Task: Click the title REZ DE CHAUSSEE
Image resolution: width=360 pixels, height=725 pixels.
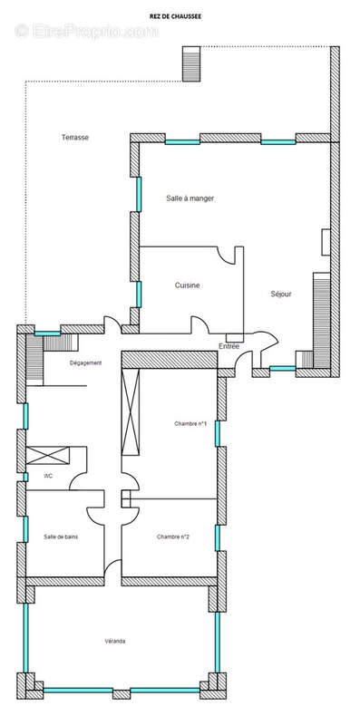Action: (x=175, y=16)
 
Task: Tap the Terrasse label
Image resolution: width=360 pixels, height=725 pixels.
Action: (x=75, y=138)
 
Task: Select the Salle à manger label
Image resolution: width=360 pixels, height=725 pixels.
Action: (x=190, y=198)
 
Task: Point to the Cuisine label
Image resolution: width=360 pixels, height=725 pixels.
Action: (x=188, y=285)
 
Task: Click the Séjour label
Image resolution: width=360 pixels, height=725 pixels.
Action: (x=281, y=294)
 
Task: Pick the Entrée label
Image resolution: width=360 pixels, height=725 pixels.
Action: (x=229, y=346)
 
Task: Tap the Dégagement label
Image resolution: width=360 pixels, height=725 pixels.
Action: (x=85, y=363)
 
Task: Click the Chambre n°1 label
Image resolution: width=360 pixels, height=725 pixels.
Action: (x=190, y=423)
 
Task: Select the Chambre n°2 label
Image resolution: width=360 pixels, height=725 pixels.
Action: (x=173, y=536)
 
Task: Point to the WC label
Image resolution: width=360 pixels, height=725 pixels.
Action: (x=48, y=476)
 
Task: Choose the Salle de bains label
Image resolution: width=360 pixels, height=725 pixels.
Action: (x=61, y=536)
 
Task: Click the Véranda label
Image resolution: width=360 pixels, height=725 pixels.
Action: (x=115, y=642)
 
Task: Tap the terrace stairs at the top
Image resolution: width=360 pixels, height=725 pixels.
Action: (x=191, y=63)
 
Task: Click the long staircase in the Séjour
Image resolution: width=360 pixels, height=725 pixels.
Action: (x=322, y=321)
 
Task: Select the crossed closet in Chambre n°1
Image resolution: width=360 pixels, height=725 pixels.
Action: (x=131, y=412)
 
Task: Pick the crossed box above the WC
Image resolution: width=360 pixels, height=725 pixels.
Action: (x=48, y=456)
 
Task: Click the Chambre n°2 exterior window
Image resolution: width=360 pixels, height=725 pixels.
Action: (x=218, y=537)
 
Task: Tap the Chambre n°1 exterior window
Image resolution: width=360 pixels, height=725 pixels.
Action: (x=218, y=433)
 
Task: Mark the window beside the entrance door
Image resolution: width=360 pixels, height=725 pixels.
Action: (x=283, y=369)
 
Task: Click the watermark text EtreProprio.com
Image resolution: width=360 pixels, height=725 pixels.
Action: (x=86, y=31)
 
